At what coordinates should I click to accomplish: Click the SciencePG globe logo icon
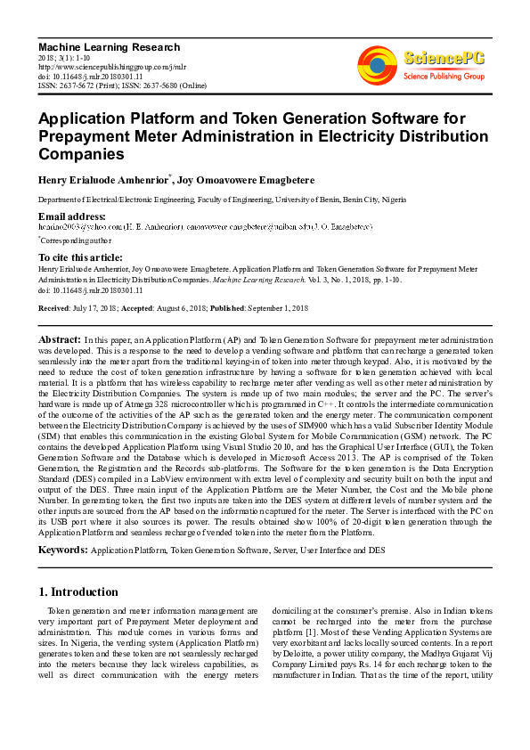(x=378, y=66)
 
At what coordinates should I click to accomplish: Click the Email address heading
(x=71, y=216)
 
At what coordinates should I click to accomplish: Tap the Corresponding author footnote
(x=75, y=240)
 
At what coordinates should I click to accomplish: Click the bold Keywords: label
(x=63, y=551)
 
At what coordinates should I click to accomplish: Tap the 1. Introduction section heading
(x=78, y=591)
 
